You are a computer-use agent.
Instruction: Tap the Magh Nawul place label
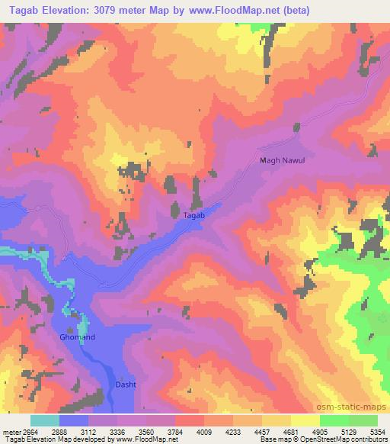(x=282, y=160)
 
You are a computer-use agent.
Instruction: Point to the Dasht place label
(x=126, y=384)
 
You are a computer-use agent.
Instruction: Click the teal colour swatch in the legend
(x=45, y=420)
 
